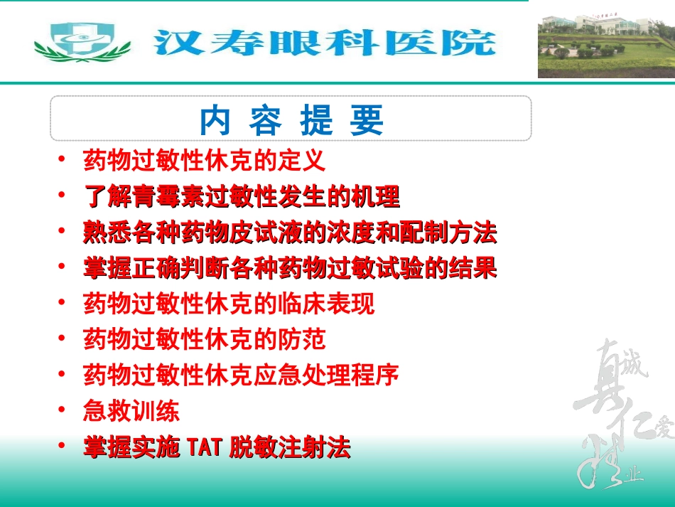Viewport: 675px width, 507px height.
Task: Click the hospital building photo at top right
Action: [x=605, y=45]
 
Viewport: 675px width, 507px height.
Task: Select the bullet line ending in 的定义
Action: [x=205, y=161]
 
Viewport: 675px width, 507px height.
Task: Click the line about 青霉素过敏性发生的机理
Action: [x=242, y=196]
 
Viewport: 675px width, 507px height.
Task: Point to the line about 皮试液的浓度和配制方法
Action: [x=290, y=233]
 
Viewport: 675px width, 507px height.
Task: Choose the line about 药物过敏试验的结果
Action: [x=290, y=268]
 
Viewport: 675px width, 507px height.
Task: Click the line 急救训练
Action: [x=131, y=411]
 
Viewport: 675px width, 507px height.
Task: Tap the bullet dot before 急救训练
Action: [x=64, y=410]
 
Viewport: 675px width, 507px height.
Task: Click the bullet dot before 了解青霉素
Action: [x=64, y=195]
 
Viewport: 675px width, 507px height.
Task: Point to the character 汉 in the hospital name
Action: [x=174, y=43]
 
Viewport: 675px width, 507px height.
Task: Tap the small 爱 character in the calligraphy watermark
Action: [x=664, y=427]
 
